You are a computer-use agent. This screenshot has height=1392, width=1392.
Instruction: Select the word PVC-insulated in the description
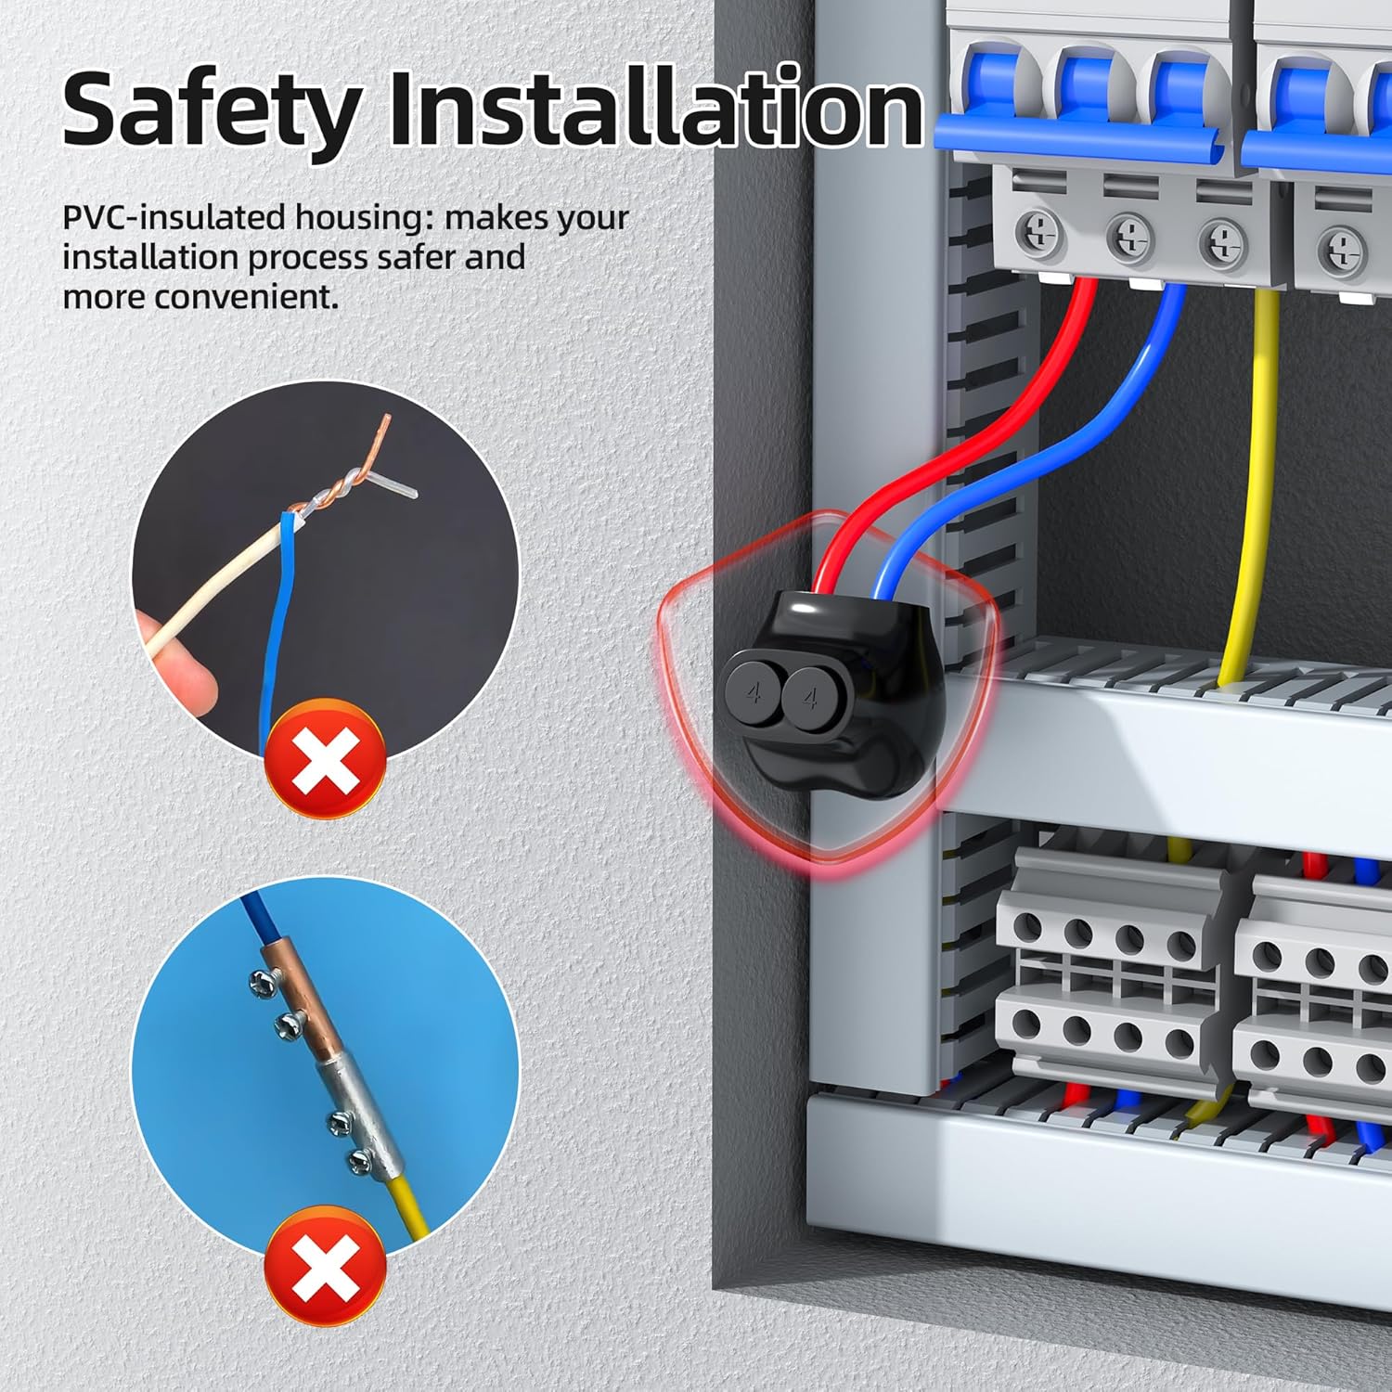click(174, 218)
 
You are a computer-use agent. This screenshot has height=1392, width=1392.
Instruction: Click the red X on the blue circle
click(325, 1266)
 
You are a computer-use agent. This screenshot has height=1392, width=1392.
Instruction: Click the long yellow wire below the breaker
click(1253, 483)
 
